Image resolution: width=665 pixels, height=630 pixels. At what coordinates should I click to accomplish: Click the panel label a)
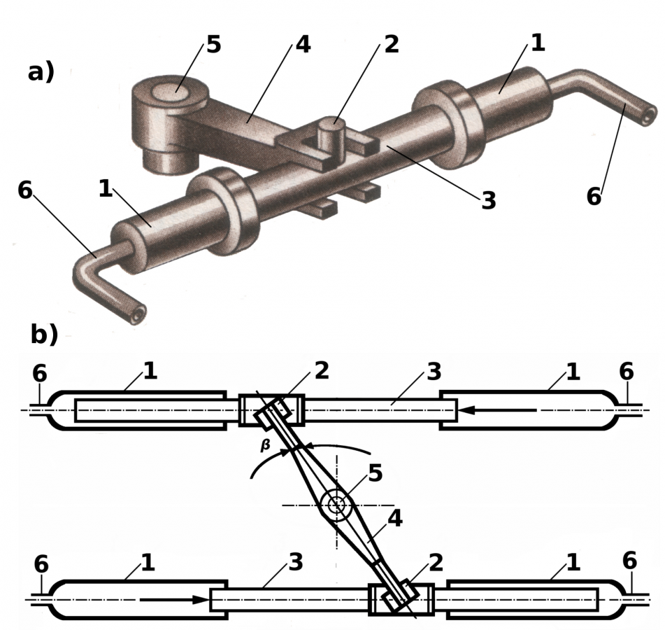coord(41,71)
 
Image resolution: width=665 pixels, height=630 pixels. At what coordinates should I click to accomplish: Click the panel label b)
coord(43,335)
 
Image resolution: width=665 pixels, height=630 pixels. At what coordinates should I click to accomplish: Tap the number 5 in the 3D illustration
coord(213,45)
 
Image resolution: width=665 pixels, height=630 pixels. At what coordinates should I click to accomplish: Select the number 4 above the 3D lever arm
coord(302,44)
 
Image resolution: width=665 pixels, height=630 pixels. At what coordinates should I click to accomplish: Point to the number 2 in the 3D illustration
coord(391,44)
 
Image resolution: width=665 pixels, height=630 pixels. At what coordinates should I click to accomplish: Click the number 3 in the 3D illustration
coord(488,201)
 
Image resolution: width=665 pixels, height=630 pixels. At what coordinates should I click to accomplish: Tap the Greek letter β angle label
coord(266,444)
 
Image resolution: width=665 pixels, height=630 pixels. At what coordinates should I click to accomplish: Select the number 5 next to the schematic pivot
coord(375,473)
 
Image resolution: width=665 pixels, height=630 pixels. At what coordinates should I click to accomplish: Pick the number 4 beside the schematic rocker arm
coord(395,519)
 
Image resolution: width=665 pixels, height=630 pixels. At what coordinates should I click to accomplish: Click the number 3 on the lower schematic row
coord(295,562)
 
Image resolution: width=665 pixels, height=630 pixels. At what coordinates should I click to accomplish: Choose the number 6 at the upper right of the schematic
coord(627,372)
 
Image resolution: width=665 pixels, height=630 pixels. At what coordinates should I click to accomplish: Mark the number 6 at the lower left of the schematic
coord(41,564)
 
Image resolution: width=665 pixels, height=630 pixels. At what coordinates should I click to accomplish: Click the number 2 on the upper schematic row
coord(321,371)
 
